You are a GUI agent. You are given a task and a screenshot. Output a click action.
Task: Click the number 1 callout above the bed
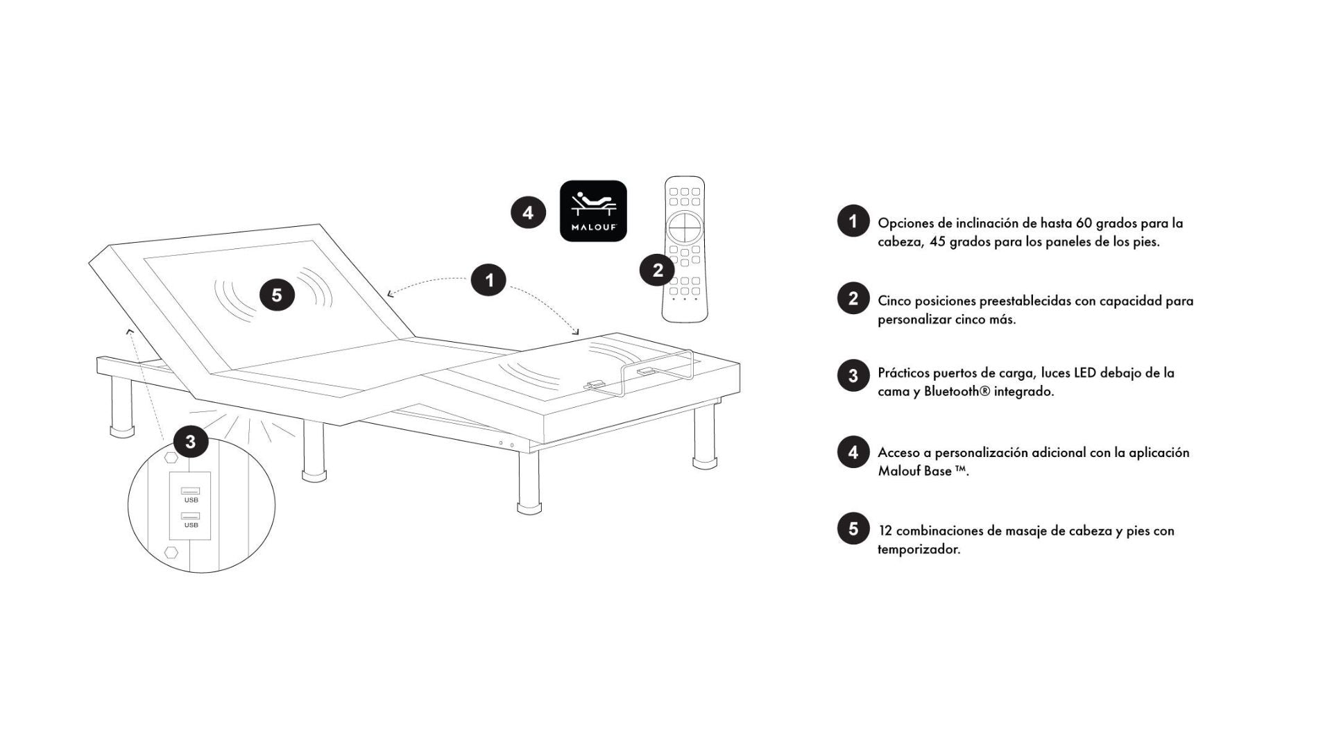[489, 280]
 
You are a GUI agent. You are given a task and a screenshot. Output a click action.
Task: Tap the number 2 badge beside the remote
[658, 270]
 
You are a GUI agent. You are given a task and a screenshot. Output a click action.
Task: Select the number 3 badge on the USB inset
[191, 442]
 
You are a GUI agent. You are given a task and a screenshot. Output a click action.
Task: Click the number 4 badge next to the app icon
[528, 212]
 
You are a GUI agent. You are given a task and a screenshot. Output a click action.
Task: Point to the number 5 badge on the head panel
[277, 295]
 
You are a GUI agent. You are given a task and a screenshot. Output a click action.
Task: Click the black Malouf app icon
[593, 211]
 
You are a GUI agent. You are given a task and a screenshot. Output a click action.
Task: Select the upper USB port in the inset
[191, 491]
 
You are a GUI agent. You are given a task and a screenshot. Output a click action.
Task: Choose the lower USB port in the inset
[191, 516]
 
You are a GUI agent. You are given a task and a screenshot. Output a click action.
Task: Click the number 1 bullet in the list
[853, 221]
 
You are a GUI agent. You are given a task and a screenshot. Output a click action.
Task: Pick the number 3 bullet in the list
[853, 375]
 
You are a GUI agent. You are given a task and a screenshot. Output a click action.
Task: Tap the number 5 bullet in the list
[853, 528]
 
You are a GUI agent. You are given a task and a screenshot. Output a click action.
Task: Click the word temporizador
[919, 550]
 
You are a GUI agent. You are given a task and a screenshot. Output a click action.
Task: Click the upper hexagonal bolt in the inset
[171, 458]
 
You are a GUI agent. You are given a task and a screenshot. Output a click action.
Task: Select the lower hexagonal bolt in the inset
[171, 552]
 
